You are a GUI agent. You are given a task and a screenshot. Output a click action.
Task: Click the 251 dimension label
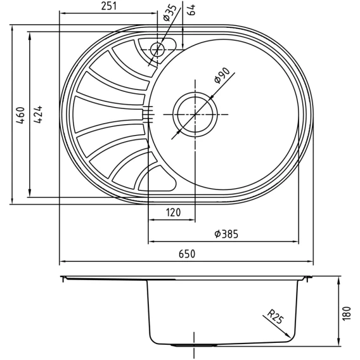tap(109, 6)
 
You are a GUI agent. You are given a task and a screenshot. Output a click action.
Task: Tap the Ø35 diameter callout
tap(170, 13)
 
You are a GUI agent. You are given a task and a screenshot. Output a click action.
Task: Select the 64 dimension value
tap(192, 10)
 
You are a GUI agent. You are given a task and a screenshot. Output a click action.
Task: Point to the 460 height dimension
tap(21, 115)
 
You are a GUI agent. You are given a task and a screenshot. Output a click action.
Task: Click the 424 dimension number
tap(38, 115)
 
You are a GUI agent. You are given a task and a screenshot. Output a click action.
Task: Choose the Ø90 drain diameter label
tap(222, 75)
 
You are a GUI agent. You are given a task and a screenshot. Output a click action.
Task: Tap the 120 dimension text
tap(173, 212)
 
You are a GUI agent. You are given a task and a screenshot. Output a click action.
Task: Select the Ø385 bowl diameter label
tap(226, 234)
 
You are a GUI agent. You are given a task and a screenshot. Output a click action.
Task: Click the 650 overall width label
tap(187, 254)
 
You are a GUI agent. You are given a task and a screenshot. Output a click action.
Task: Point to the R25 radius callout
tap(276, 317)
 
